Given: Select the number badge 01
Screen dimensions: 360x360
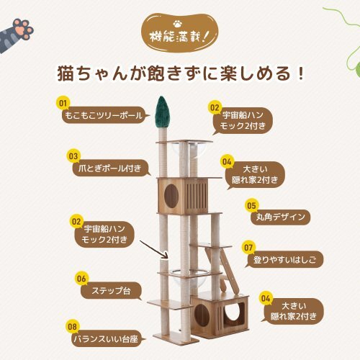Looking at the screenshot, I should point(63,103).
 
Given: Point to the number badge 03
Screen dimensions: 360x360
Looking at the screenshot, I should point(73,155).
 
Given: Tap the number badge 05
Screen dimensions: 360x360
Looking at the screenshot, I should point(251,204).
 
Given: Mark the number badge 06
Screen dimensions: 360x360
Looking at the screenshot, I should point(81,278).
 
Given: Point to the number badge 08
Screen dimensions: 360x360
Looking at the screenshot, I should point(71,326).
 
